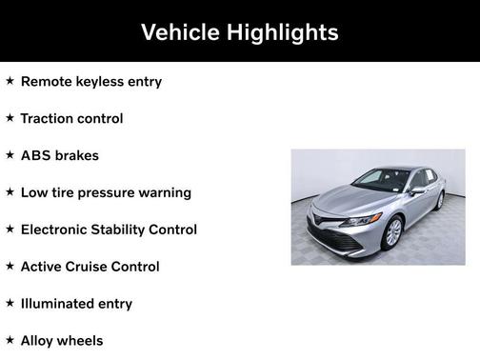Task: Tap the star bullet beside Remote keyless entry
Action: point(10,81)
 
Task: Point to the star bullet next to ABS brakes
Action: point(10,155)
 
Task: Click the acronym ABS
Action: point(35,155)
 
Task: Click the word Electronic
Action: point(57,230)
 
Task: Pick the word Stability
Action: point(128,230)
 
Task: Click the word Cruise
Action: point(92,267)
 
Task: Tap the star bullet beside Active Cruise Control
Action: point(10,267)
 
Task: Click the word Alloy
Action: point(39,341)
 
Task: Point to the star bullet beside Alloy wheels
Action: point(10,340)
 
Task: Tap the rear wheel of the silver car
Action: point(440,200)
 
